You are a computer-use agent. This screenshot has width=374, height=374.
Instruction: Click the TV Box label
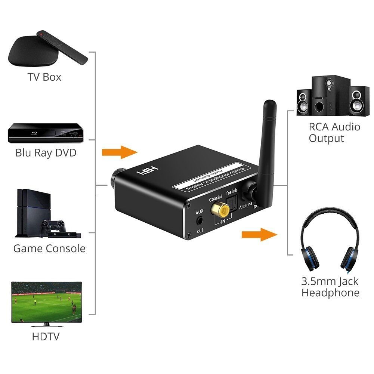[44, 77]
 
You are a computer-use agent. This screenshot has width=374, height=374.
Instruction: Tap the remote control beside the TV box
[62, 47]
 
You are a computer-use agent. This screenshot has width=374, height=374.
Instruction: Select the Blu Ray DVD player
[46, 133]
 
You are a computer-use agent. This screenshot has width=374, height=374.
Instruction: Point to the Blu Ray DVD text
[46, 153]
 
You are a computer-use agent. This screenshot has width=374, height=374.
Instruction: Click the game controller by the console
[53, 227]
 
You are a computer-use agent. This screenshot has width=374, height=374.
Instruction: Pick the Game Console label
[49, 248]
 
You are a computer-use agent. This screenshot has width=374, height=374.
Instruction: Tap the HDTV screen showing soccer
[46, 302]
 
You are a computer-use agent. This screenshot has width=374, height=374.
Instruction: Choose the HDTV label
[46, 337]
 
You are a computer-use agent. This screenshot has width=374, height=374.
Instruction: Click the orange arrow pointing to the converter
[120, 152]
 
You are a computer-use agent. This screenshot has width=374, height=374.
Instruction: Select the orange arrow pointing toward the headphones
[260, 235]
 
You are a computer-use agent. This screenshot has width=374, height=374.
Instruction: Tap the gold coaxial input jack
[220, 210]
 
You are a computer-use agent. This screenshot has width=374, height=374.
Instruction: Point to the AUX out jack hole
[200, 221]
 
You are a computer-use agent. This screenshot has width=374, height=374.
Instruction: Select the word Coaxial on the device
[215, 198]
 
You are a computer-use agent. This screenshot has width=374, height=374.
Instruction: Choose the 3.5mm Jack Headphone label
[330, 287]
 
